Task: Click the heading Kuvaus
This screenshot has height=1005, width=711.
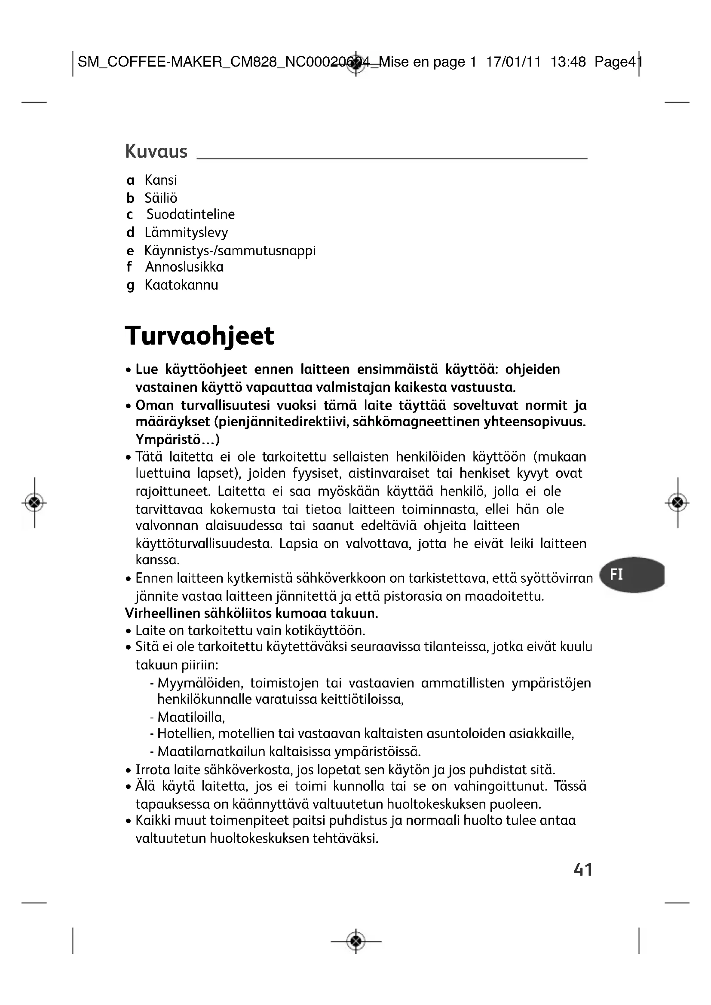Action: pos(156,151)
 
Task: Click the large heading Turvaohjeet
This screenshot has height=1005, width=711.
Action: pos(199,336)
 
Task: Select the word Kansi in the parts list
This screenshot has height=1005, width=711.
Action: pos(161,180)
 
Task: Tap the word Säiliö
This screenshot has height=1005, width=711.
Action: pos(161,198)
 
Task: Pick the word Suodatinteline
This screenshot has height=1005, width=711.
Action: pos(190,214)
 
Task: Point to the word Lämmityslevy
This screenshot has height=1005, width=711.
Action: pos(186,232)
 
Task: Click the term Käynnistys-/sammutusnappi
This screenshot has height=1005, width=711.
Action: pos(230,251)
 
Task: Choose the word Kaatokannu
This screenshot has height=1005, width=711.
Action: pos(181,285)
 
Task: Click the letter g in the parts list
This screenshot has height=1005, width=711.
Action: pos(130,286)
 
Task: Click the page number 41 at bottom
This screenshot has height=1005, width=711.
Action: pos(583,870)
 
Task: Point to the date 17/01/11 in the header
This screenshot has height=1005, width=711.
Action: pos(513,62)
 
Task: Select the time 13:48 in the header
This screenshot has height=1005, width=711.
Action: pos(568,62)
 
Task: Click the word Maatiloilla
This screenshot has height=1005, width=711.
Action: pos(191,718)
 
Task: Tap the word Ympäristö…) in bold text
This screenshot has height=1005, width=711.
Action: pos(177,439)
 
